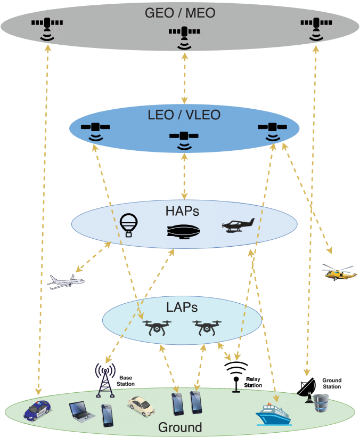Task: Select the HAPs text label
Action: pos(183,212)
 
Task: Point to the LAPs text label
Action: pos(182,307)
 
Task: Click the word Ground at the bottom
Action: pos(180,427)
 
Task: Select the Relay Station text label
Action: pos(253,381)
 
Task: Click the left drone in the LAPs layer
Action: pos(157,327)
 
